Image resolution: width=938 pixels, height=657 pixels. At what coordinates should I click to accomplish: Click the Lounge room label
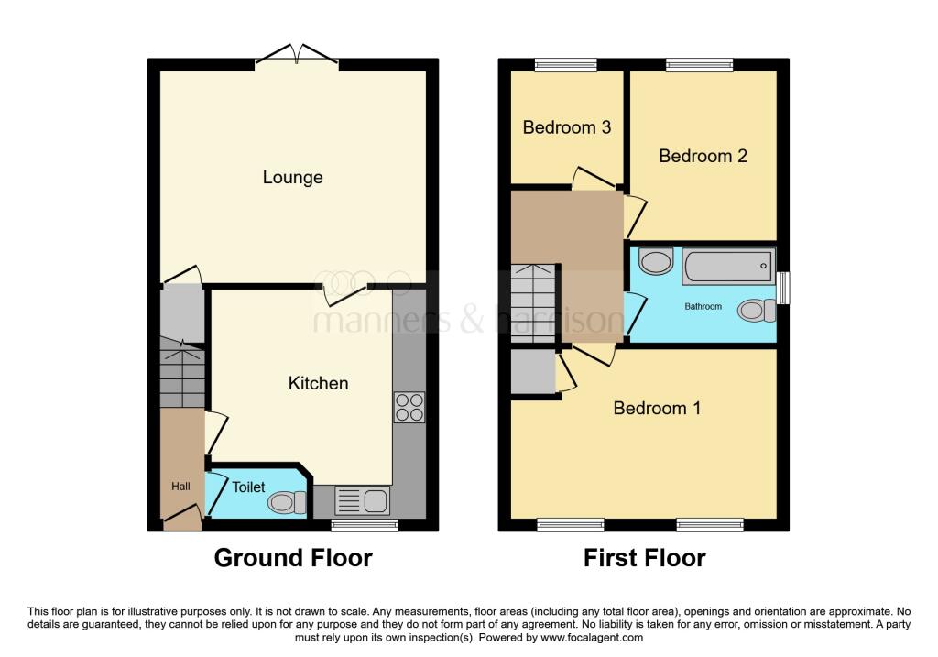coord(292,177)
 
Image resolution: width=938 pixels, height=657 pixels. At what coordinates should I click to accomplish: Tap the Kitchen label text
coord(318,383)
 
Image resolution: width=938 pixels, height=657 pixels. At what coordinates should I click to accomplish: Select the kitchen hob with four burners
coord(409,407)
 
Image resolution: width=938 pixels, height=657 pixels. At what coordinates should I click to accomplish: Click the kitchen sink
coord(363,500)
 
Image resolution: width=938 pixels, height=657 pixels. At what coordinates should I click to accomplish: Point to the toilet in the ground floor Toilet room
coord(288,502)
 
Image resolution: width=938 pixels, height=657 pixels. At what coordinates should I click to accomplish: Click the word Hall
coord(180,487)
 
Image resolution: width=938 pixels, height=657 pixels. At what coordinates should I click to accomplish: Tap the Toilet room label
coord(248,487)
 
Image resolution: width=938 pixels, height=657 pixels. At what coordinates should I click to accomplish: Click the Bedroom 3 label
coord(566,126)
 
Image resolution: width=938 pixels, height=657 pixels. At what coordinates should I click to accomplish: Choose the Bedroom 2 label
coord(703,156)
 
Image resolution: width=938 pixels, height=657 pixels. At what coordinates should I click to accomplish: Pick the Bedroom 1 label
coord(657,408)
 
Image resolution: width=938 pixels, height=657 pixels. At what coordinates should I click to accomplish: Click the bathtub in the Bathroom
coord(728,267)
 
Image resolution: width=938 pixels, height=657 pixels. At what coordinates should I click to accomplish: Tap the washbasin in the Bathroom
coord(656,261)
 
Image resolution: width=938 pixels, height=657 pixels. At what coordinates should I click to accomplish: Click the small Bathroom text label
coord(703,306)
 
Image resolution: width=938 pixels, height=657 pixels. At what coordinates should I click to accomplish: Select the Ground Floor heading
coord(293,558)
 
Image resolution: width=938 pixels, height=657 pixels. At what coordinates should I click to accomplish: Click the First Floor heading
coord(644,558)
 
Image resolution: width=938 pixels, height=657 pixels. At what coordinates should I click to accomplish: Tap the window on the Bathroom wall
coord(783,288)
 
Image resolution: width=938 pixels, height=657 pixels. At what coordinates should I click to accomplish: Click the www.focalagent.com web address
coord(592,637)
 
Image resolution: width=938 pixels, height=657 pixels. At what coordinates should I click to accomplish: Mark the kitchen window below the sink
coord(365,525)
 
